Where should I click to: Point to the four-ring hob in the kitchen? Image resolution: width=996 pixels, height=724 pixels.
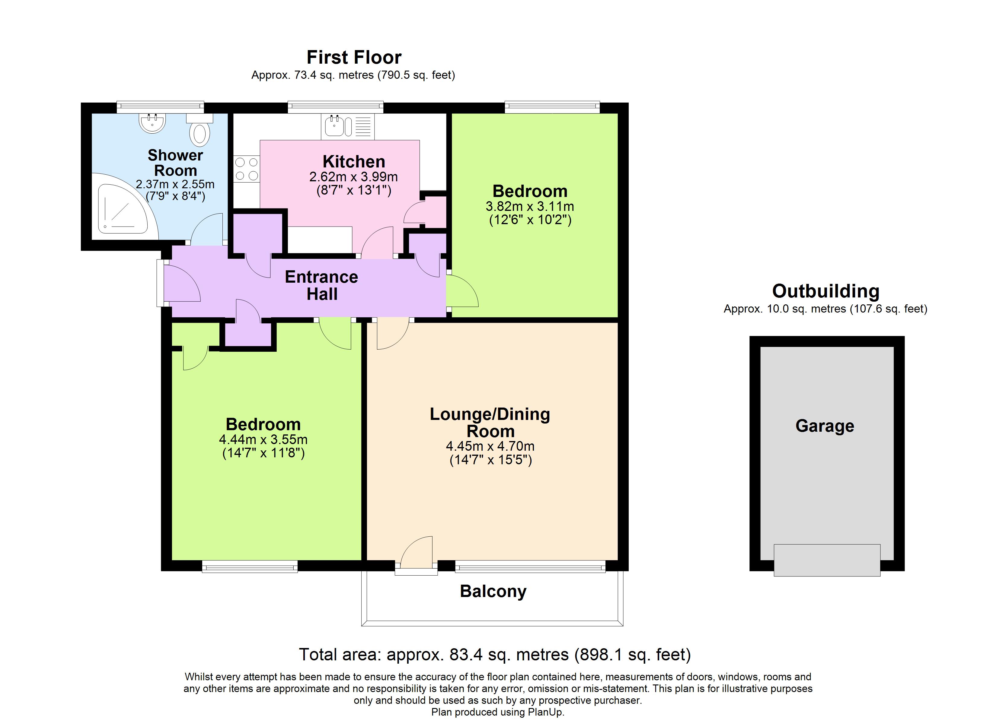246,169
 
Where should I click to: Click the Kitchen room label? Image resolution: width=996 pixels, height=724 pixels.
354,162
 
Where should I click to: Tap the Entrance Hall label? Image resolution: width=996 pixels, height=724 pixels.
321,285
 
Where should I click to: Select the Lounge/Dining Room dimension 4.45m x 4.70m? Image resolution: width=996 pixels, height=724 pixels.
490,446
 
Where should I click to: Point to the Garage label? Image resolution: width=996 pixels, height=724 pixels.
825,426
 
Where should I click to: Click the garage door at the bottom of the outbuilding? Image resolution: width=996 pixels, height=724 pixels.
827,560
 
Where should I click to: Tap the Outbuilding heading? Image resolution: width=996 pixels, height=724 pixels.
825,291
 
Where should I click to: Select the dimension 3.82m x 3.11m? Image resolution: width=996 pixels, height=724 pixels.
530,206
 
